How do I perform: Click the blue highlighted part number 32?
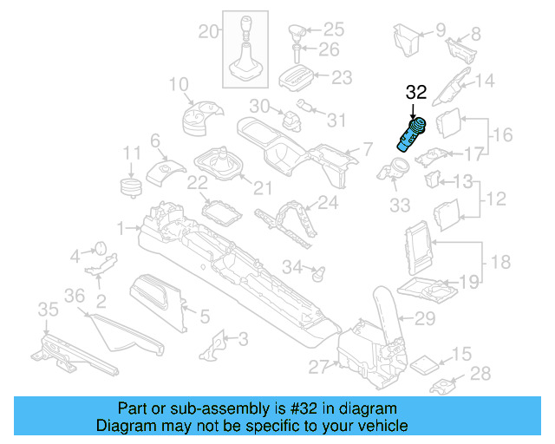click(411, 135)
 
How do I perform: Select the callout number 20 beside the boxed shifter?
click(209, 32)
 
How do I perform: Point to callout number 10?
click(178, 84)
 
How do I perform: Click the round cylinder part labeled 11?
click(131, 188)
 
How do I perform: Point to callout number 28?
click(480, 374)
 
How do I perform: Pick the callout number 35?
click(48, 310)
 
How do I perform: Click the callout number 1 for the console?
click(122, 228)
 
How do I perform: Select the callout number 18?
click(503, 261)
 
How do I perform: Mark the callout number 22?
click(198, 183)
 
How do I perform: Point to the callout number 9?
click(440, 29)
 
